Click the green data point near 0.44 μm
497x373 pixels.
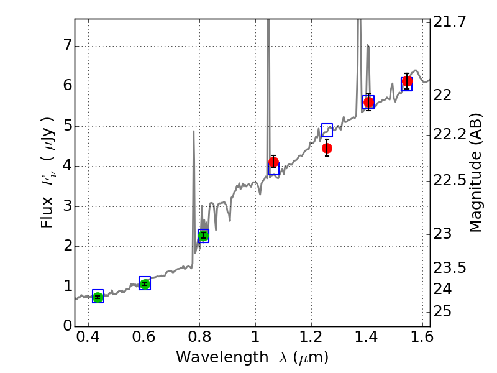point(98,297)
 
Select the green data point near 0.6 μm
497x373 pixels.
point(145,283)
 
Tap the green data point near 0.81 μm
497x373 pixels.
point(203,236)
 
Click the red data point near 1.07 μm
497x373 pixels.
point(273,162)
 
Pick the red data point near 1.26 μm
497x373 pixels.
point(327,148)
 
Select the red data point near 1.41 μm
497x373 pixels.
point(368,102)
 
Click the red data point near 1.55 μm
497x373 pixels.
point(407,81)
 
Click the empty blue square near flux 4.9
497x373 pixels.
point(327,130)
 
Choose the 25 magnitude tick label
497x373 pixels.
point(445,311)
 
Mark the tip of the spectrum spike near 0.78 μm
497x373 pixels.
point(194,131)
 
